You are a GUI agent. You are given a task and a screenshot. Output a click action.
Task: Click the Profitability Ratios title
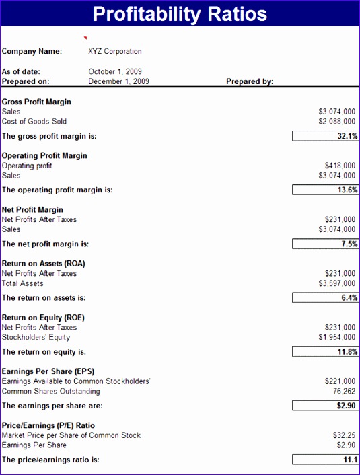coord(180,14)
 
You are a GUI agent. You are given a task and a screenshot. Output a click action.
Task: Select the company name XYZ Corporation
coord(115,51)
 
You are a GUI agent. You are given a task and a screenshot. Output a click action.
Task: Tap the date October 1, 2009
coord(115,71)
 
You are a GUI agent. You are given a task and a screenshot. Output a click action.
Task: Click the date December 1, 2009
coord(119,81)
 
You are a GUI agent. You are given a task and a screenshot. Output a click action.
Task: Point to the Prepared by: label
coord(250,81)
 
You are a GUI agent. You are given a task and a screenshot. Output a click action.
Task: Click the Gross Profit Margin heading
coord(36,102)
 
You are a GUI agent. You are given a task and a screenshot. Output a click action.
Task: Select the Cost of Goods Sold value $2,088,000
coord(336,122)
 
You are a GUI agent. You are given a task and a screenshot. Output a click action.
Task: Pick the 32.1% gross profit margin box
coord(326,136)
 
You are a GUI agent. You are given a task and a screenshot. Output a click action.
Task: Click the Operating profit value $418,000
coord(339,166)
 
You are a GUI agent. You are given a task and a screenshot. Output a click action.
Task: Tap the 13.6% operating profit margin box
coord(326,190)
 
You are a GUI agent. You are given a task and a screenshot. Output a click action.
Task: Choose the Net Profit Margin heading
coord(32,209)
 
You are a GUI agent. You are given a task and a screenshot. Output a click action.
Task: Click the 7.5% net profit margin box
coord(326,244)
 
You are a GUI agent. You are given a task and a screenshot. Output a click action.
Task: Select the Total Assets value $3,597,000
coord(336,283)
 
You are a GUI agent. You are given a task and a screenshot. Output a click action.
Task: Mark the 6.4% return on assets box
coord(326,297)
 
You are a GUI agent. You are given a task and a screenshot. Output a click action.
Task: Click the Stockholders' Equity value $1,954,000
coord(336,337)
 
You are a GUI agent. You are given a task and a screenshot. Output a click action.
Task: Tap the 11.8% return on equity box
coord(326,351)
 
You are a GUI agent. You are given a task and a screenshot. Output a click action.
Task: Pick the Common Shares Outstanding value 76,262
coord(343,391)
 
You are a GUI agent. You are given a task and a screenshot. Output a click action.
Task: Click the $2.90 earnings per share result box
coord(326,406)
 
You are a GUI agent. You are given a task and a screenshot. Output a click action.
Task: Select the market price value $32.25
coord(344,435)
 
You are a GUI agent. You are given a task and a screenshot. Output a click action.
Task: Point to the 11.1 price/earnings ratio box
coord(326,460)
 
